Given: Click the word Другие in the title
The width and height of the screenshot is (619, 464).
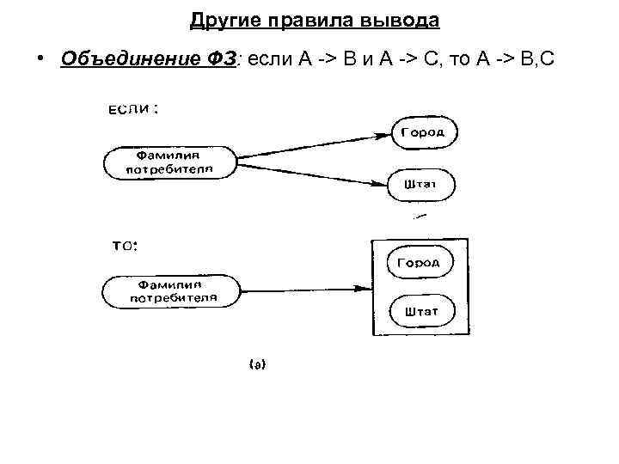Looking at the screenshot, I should [x=219, y=18].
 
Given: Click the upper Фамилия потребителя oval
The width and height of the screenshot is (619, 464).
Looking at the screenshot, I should [x=169, y=162].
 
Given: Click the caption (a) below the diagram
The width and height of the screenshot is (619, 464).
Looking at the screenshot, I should [x=257, y=365].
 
